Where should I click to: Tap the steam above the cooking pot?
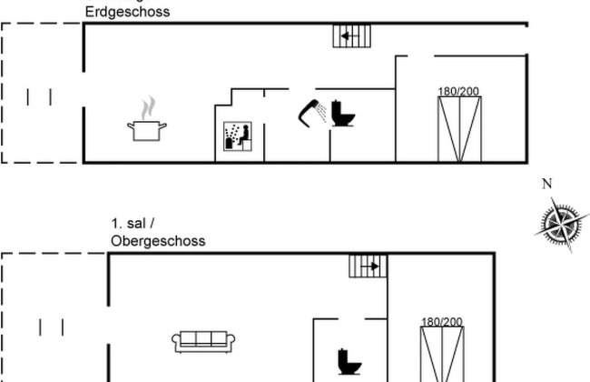149,107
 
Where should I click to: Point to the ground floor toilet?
342,113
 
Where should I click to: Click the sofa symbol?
203,341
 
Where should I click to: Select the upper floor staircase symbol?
368,266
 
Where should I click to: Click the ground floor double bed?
459,130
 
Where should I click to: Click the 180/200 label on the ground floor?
459,91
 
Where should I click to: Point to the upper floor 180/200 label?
442,321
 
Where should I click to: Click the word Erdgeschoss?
127,13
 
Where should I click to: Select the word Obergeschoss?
158,241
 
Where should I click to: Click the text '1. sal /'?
132,225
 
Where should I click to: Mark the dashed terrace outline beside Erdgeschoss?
41,94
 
